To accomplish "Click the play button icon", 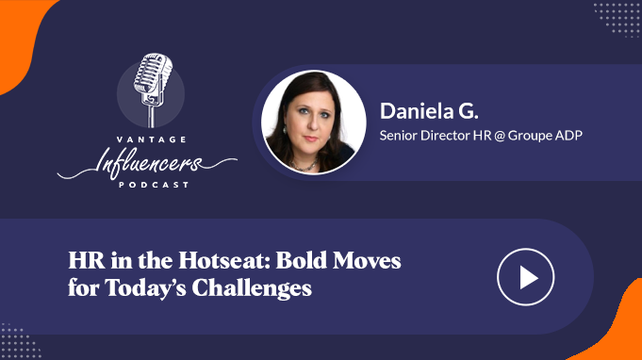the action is (526, 277).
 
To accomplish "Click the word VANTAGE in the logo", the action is (152, 139).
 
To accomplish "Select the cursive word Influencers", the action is (147, 163).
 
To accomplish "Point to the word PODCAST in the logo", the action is (154, 185).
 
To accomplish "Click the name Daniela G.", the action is (429, 111).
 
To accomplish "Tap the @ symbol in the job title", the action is (500, 136).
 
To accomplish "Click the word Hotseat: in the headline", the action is (224, 261).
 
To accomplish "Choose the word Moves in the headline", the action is (367, 261).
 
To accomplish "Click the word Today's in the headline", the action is (146, 288).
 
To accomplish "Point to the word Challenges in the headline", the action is (252, 288).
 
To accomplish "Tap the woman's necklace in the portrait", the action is (305, 166).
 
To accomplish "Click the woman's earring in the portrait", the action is (284, 130).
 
